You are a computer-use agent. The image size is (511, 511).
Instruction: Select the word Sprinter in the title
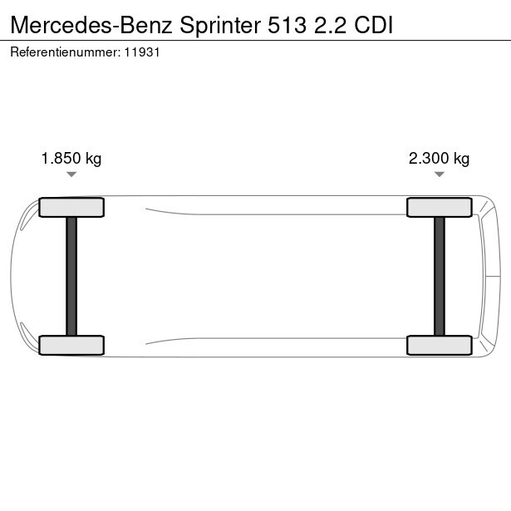pyautogui.click(x=220, y=27)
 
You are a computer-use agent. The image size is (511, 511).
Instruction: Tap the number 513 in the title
pyautogui.click(x=287, y=25)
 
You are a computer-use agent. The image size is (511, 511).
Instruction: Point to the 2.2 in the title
pyautogui.click(x=330, y=25)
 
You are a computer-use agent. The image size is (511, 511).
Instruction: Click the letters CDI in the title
pyautogui.click(x=373, y=25)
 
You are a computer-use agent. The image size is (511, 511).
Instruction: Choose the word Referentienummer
pyautogui.click(x=66, y=52)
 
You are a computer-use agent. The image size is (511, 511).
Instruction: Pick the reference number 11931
pyautogui.click(x=142, y=52)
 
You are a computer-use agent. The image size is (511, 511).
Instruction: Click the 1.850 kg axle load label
pyautogui.click(x=71, y=159)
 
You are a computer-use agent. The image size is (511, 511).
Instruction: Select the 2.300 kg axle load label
pyautogui.click(x=439, y=159)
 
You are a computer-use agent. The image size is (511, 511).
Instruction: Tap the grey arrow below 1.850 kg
pyautogui.click(x=71, y=174)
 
